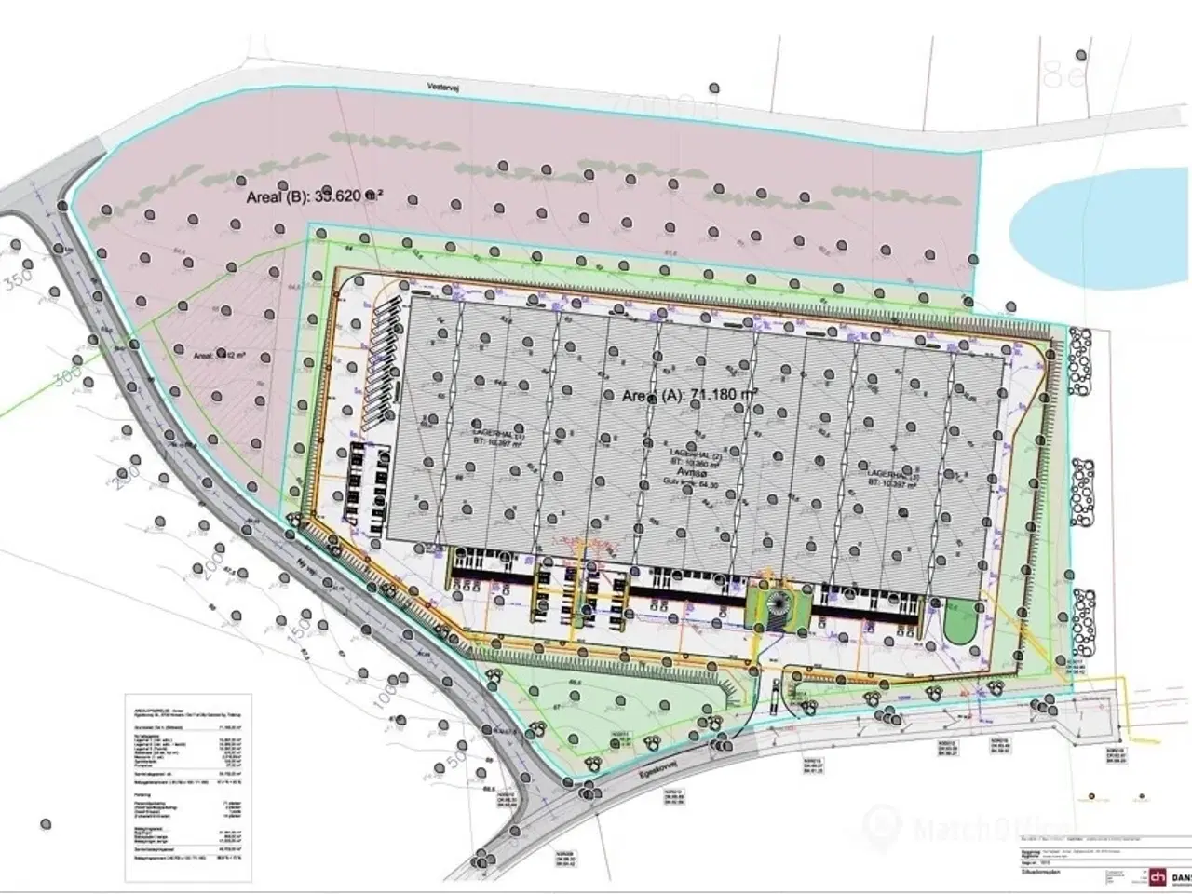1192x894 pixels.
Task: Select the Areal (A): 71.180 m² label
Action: pyautogui.click(x=688, y=395)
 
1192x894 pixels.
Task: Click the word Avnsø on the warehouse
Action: pyautogui.click(x=691, y=471)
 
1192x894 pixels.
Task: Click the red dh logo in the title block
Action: pyautogui.click(x=1158, y=877)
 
